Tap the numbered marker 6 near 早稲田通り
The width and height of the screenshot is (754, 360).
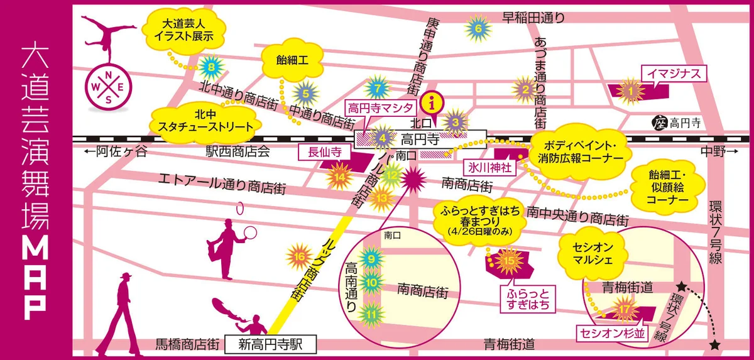[x=478, y=28]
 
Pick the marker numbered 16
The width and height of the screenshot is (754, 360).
[x=300, y=256]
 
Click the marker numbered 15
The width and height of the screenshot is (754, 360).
[x=510, y=260]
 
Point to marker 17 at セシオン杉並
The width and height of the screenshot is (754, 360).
[x=624, y=310]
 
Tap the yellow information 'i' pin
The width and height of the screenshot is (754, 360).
[x=432, y=101]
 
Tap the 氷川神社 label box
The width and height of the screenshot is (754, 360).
[x=491, y=168]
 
